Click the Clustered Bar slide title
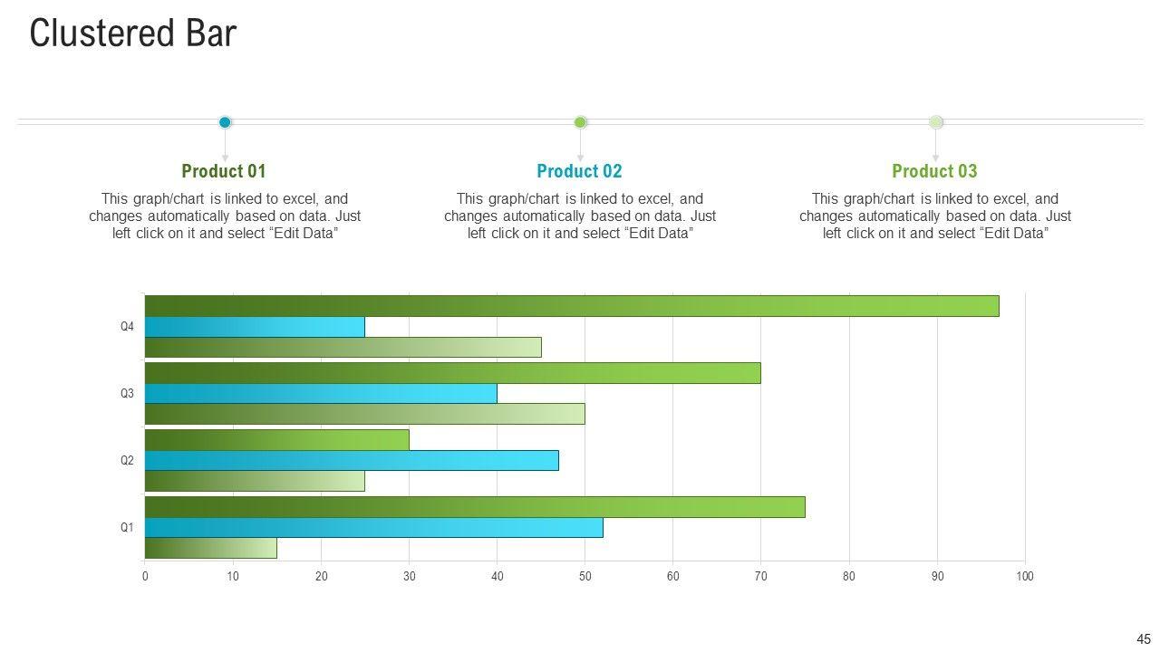click(x=133, y=34)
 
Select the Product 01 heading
click(x=224, y=171)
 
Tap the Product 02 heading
click(x=579, y=171)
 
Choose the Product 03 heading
click(x=934, y=171)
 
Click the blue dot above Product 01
click(x=225, y=122)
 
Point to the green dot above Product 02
click(x=581, y=122)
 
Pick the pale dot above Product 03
click(x=936, y=122)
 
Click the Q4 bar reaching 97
click(x=571, y=306)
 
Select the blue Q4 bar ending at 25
click(x=255, y=327)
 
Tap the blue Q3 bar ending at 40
click(x=321, y=394)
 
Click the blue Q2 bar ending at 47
click(x=352, y=461)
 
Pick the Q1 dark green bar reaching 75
click(x=475, y=507)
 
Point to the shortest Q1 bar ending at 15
click(x=210, y=548)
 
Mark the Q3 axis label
click(x=127, y=394)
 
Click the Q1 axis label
click(x=127, y=528)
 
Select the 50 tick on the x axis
click(x=585, y=577)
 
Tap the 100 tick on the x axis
click(x=1025, y=577)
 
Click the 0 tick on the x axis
click(x=145, y=577)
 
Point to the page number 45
click(x=1143, y=638)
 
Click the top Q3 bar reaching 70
click(x=452, y=373)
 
